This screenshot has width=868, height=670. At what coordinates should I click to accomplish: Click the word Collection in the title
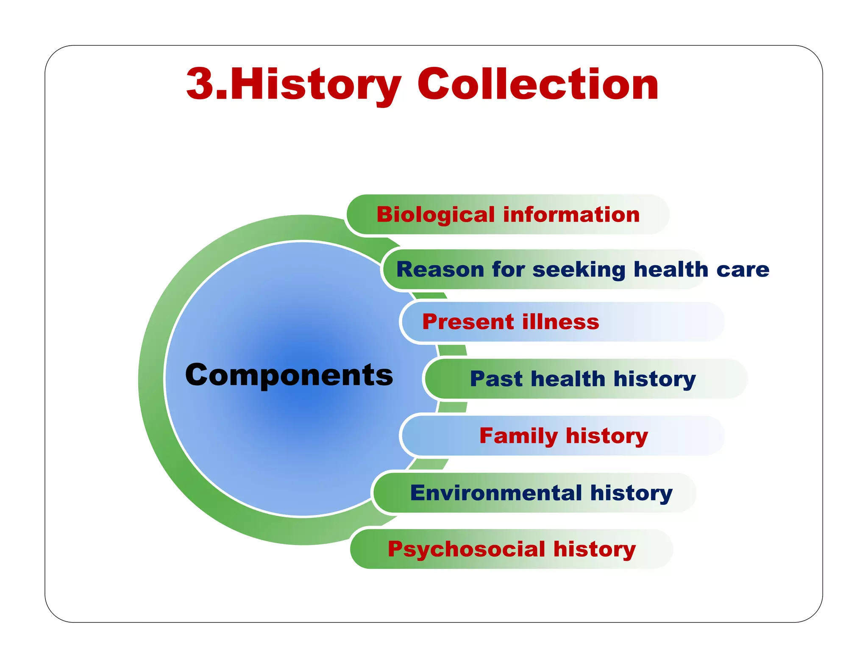(x=538, y=84)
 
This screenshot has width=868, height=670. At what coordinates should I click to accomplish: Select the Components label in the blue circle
(x=289, y=375)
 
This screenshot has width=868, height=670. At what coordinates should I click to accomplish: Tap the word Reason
(x=440, y=270)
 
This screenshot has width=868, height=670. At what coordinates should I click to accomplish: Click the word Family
(x=519, y=436)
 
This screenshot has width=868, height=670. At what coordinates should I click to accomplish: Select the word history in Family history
(x=607, y=436)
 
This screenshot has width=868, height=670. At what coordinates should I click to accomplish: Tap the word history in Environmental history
(x=631, y=493)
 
